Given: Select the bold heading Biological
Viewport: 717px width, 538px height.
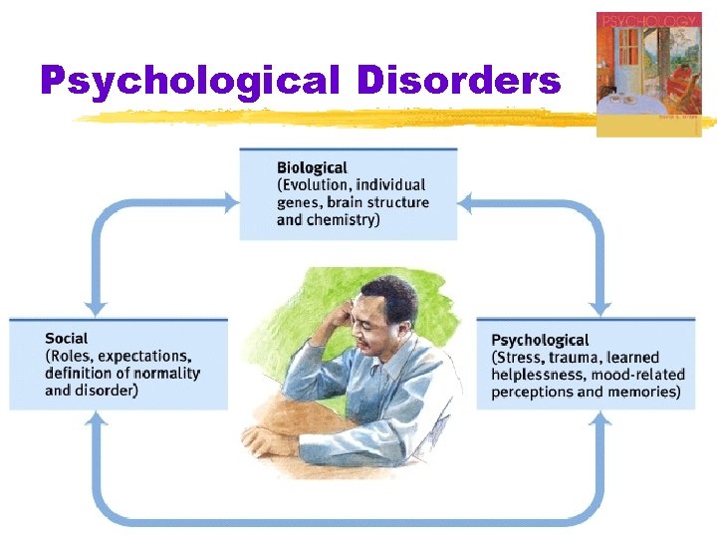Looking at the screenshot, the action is [x=312, y=168].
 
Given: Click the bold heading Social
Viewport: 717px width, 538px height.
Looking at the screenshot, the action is [x=66, y=339].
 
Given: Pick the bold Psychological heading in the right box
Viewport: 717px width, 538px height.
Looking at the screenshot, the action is [x=540, y=341].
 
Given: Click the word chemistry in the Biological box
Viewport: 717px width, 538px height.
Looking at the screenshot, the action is [x=341, y=219].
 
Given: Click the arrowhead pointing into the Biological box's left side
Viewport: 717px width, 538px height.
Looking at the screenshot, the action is [x=231, y=203].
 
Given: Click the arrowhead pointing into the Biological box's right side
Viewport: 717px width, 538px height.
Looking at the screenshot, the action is [x=466, y=203].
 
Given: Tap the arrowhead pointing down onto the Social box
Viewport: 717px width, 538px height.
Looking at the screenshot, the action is [x=97, y=308].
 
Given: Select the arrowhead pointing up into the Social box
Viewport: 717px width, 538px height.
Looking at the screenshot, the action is [x=97, y=419].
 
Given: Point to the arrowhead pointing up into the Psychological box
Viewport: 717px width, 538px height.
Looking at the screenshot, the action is [x=600, y=419].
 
